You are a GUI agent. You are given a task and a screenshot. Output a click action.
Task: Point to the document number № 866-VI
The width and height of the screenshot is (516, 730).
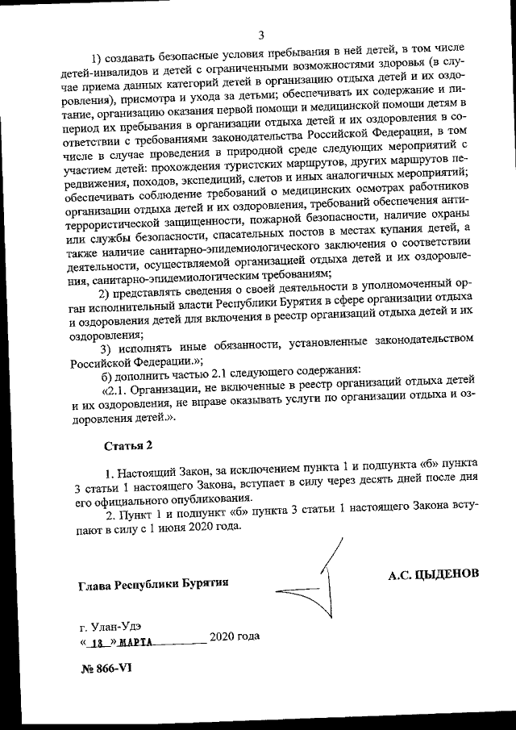pos(106,670)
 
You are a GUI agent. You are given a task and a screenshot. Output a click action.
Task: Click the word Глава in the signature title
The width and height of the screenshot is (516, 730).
pos(96,582)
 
